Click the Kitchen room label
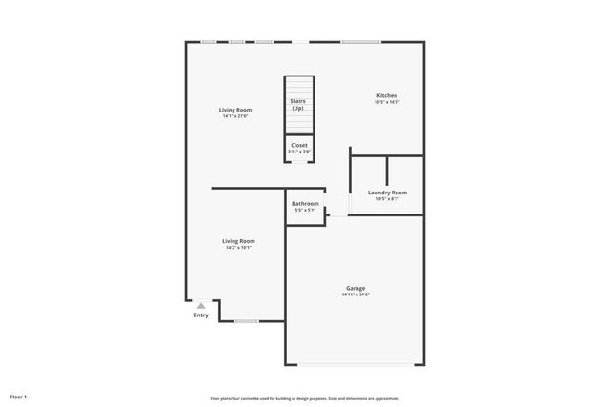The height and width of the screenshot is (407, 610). coord(387,95)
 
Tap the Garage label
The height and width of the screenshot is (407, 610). coord(356,288)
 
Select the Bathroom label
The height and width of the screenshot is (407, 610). coord(305,203)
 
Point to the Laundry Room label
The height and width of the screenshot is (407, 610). coord(387,193)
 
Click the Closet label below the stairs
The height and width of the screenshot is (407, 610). coord(299,145)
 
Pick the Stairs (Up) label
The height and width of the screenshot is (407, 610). coord(298,104)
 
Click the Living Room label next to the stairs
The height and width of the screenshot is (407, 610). coord(236,110)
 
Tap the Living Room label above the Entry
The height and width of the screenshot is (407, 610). coord(238,241)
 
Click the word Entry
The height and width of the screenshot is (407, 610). coord(201,315)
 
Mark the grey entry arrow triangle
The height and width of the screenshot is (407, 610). coord(201,306)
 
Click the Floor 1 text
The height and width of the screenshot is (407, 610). coord(19,396)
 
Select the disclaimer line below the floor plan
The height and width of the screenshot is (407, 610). coord(304,398)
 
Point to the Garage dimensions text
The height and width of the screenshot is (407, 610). coord(356,295)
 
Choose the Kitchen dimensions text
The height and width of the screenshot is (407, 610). coord(387,102)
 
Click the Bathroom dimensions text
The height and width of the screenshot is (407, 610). coord(305,210)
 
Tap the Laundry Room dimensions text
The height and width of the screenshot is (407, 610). coord(387,199)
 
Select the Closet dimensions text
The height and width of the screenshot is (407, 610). coord(299,152)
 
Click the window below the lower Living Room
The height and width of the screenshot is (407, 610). coord(246,321)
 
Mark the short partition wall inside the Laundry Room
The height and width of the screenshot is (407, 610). coord(386,169)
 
